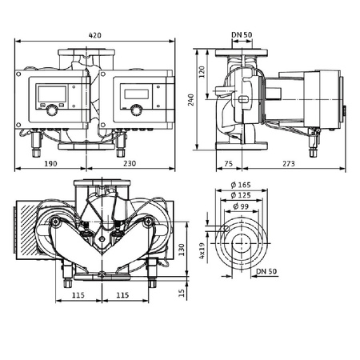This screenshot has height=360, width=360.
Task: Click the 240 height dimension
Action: [x=202, y=99]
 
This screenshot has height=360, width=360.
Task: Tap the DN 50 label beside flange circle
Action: [x=268, y=271]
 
